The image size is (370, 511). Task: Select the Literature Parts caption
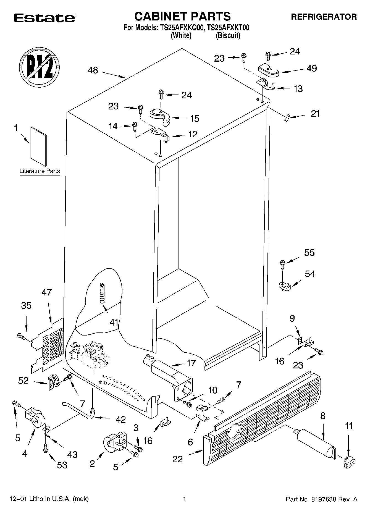coord(40,171)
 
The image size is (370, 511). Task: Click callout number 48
coord(93,70)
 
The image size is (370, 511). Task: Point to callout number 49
coord(312,68)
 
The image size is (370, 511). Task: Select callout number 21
coord(315,113)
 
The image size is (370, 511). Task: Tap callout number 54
coord(310,274)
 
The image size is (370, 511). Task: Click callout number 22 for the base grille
coord(177,459)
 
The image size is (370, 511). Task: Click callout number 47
coord(46,292)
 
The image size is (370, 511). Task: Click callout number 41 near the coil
coord(114,322)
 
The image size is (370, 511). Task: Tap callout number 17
coord(191,363)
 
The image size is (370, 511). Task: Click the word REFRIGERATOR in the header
coord(324,17)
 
